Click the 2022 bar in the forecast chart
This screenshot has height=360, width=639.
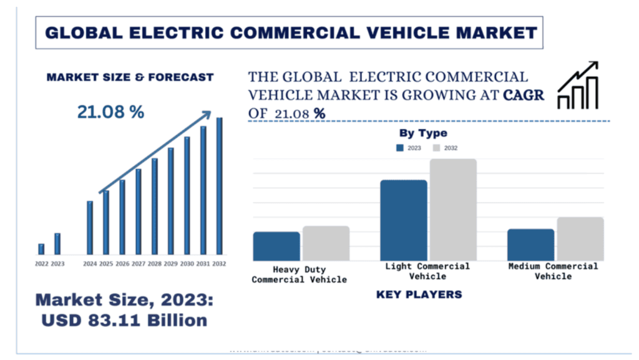[x=41, y=249]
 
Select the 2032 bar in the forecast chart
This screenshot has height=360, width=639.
[x=219, y=186]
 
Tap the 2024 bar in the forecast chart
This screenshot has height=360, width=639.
[x=90, y=228]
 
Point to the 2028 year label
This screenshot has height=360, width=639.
[x=155, y=264]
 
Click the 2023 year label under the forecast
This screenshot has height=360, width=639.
[x=57, y=264]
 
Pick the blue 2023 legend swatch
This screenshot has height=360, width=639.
[x=400, y=148]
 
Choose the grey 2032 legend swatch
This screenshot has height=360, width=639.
[x=437, y=148]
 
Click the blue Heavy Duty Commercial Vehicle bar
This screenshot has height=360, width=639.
[x=276, y=246]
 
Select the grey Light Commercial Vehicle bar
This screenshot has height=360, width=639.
[x=453, y=210]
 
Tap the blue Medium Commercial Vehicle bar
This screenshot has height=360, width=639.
[x=530, y=245]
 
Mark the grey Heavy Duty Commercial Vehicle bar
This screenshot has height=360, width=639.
[x=326, y=243]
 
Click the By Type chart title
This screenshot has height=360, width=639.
[x=423, y=133]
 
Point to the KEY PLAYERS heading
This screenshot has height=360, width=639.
[x=419, y=294]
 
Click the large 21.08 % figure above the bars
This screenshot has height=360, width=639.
[x=110, y=112]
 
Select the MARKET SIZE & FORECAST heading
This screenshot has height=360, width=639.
[x=130, y=77]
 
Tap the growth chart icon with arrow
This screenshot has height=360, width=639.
[x=578, y=85]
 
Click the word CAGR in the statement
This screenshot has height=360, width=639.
[x=524, y=95]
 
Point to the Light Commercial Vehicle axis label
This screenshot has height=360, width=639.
[x=427, y=271]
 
